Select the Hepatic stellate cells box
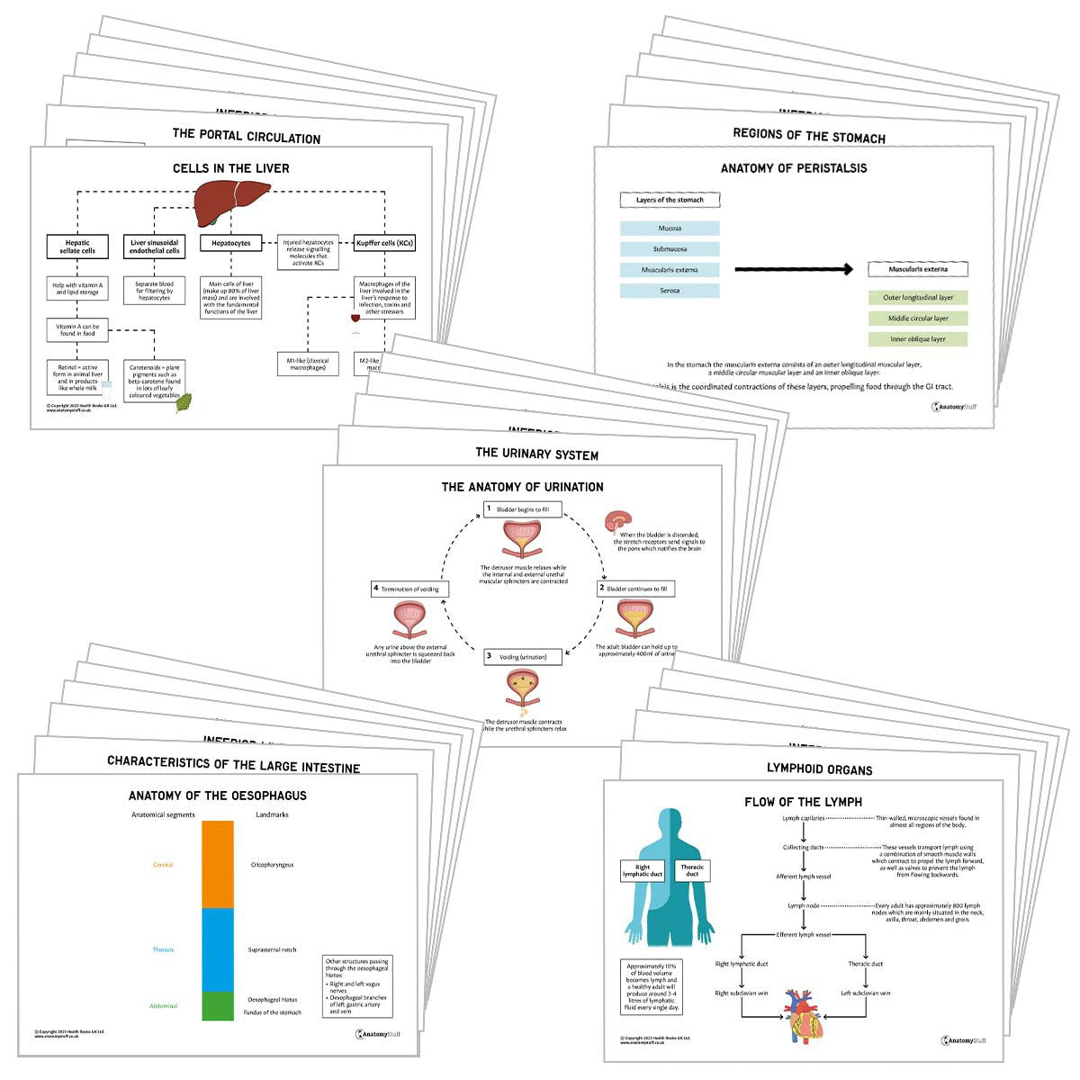77,247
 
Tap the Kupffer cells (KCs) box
385,243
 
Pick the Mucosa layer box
670,229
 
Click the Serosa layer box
670,291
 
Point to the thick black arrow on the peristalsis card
793,269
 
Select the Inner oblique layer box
918,339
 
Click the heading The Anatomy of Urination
522,487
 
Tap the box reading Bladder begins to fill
523,509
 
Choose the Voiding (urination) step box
523,657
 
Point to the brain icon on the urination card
618,523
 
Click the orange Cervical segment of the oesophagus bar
217,864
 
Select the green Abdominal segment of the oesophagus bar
217,1005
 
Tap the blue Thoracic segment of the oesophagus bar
217,949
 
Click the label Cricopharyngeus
272,865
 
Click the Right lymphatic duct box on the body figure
643,871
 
